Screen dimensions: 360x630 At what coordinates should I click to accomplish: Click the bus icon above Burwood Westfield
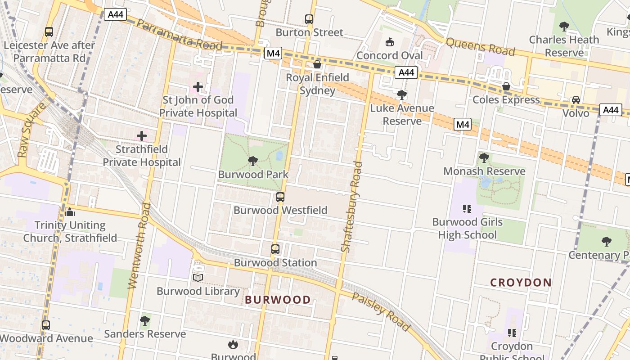tap(280, 197)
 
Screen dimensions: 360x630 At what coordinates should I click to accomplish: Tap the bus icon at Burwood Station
tap(275, 249)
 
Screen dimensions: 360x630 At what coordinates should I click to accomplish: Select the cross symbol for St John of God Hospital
tap(198, 86)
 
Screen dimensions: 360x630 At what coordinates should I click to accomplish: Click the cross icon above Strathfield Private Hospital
tap(142, 135)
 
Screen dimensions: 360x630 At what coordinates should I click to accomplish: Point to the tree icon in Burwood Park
tap(253, 161)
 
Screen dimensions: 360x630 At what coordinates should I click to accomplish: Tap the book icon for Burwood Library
tap(198, 278)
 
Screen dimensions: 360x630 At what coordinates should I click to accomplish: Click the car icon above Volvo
tap(576, 99)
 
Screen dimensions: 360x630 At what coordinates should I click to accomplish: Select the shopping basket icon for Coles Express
tap(506, 86)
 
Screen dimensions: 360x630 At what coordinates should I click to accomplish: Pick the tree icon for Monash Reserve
tap(484, 157)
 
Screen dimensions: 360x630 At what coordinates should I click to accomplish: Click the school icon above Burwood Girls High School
tap(467, 208)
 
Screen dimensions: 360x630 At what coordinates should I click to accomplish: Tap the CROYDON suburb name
tap(521, 283)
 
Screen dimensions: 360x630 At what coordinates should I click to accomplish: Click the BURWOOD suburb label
tap(278, 300)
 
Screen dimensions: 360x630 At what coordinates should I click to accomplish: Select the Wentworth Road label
tap(139, 245)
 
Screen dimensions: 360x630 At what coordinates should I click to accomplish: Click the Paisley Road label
tap(381, 312)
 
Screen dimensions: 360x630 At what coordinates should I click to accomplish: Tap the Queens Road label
tap(480, 46)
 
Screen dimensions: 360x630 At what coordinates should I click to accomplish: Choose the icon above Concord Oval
tap(389, 42)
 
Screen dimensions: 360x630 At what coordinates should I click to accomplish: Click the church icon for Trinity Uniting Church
tap(70, 211)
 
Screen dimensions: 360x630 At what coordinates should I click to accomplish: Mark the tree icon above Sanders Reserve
tap(144, 320)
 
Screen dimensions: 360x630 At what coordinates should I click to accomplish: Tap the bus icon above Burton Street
tap(309, 19)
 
